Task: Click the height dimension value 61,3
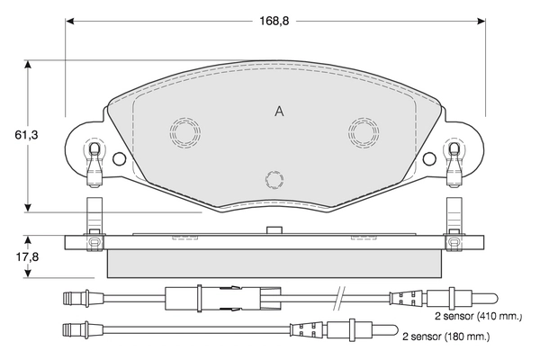(x=14, y=135)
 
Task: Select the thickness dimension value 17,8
(x=14, y=256)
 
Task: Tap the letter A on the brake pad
(x=279, y=111)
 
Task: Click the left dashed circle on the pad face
(x=185, y=132)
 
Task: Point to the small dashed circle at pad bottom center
(x=275, y=179)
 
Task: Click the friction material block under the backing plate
(x=274, y=264)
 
